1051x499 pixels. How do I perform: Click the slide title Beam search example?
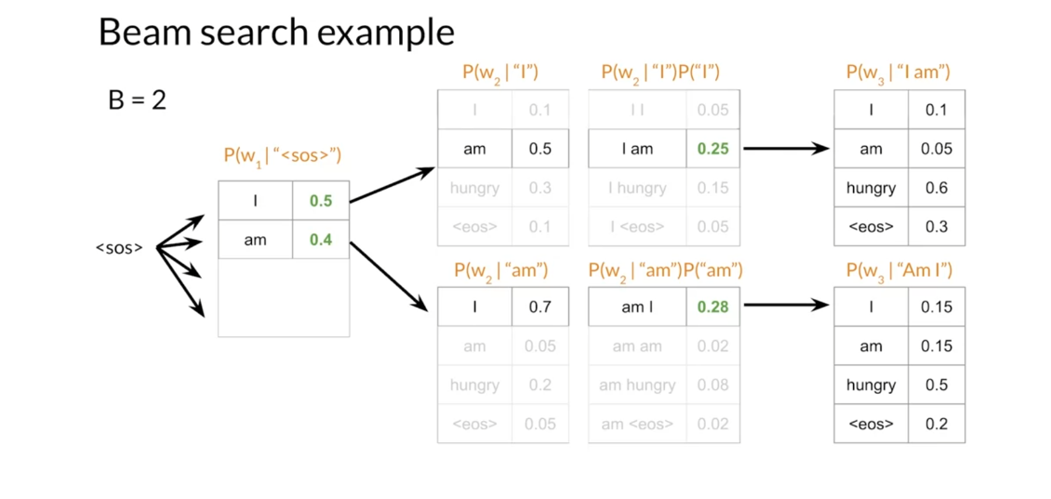pos(276,33)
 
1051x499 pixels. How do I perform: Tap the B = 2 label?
pos(137,99)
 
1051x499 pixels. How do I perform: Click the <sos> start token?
pos(119,248)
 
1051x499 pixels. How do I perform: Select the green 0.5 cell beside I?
pos(321,201)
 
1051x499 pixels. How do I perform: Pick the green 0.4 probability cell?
pos(321,240)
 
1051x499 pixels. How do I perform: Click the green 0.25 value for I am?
pos(712,149)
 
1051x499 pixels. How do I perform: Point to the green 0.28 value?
pos(712,308)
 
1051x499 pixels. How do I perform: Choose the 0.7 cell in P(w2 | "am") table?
pos(539,308)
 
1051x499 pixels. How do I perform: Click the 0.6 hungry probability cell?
pos(937,188)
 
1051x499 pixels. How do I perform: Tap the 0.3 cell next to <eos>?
pos(937,227)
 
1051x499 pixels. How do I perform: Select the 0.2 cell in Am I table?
pos(937,424)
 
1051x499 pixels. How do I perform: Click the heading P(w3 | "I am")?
pos(898,72)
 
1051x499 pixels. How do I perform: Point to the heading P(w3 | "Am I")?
pos(898,270)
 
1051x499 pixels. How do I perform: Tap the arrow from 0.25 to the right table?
pos(786,148)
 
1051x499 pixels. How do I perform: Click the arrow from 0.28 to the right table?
pos(786,305)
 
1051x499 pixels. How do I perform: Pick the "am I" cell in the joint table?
pos(637,308)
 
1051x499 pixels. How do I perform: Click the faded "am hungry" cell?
pos(637,385)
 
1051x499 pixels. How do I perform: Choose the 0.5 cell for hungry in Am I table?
pos(937,385)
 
